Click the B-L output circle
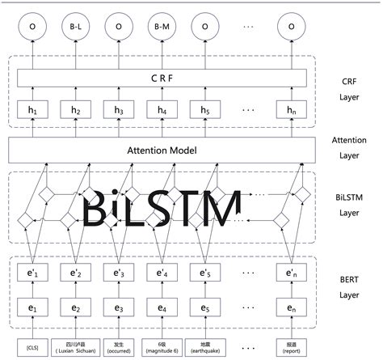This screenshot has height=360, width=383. coord(76,27)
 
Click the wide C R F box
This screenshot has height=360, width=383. coord(162,78)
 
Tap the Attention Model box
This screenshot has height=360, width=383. coord(162,150)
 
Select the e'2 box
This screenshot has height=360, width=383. coord(76,273)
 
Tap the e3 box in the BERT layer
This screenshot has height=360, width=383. coord(119,308)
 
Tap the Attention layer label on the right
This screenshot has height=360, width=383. coord(349,148)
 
